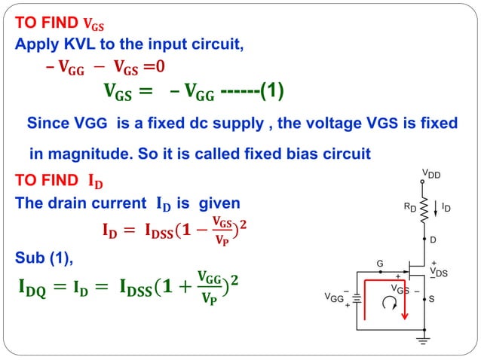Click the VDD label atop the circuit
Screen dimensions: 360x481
430,175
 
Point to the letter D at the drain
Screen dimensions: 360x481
432,239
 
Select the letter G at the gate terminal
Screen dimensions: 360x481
381,263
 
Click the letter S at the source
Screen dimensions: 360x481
431,299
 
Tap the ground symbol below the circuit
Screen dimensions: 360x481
423,341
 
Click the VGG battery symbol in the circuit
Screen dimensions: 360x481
357,299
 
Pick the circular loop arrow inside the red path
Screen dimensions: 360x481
388,304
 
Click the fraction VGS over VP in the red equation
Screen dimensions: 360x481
221,227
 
